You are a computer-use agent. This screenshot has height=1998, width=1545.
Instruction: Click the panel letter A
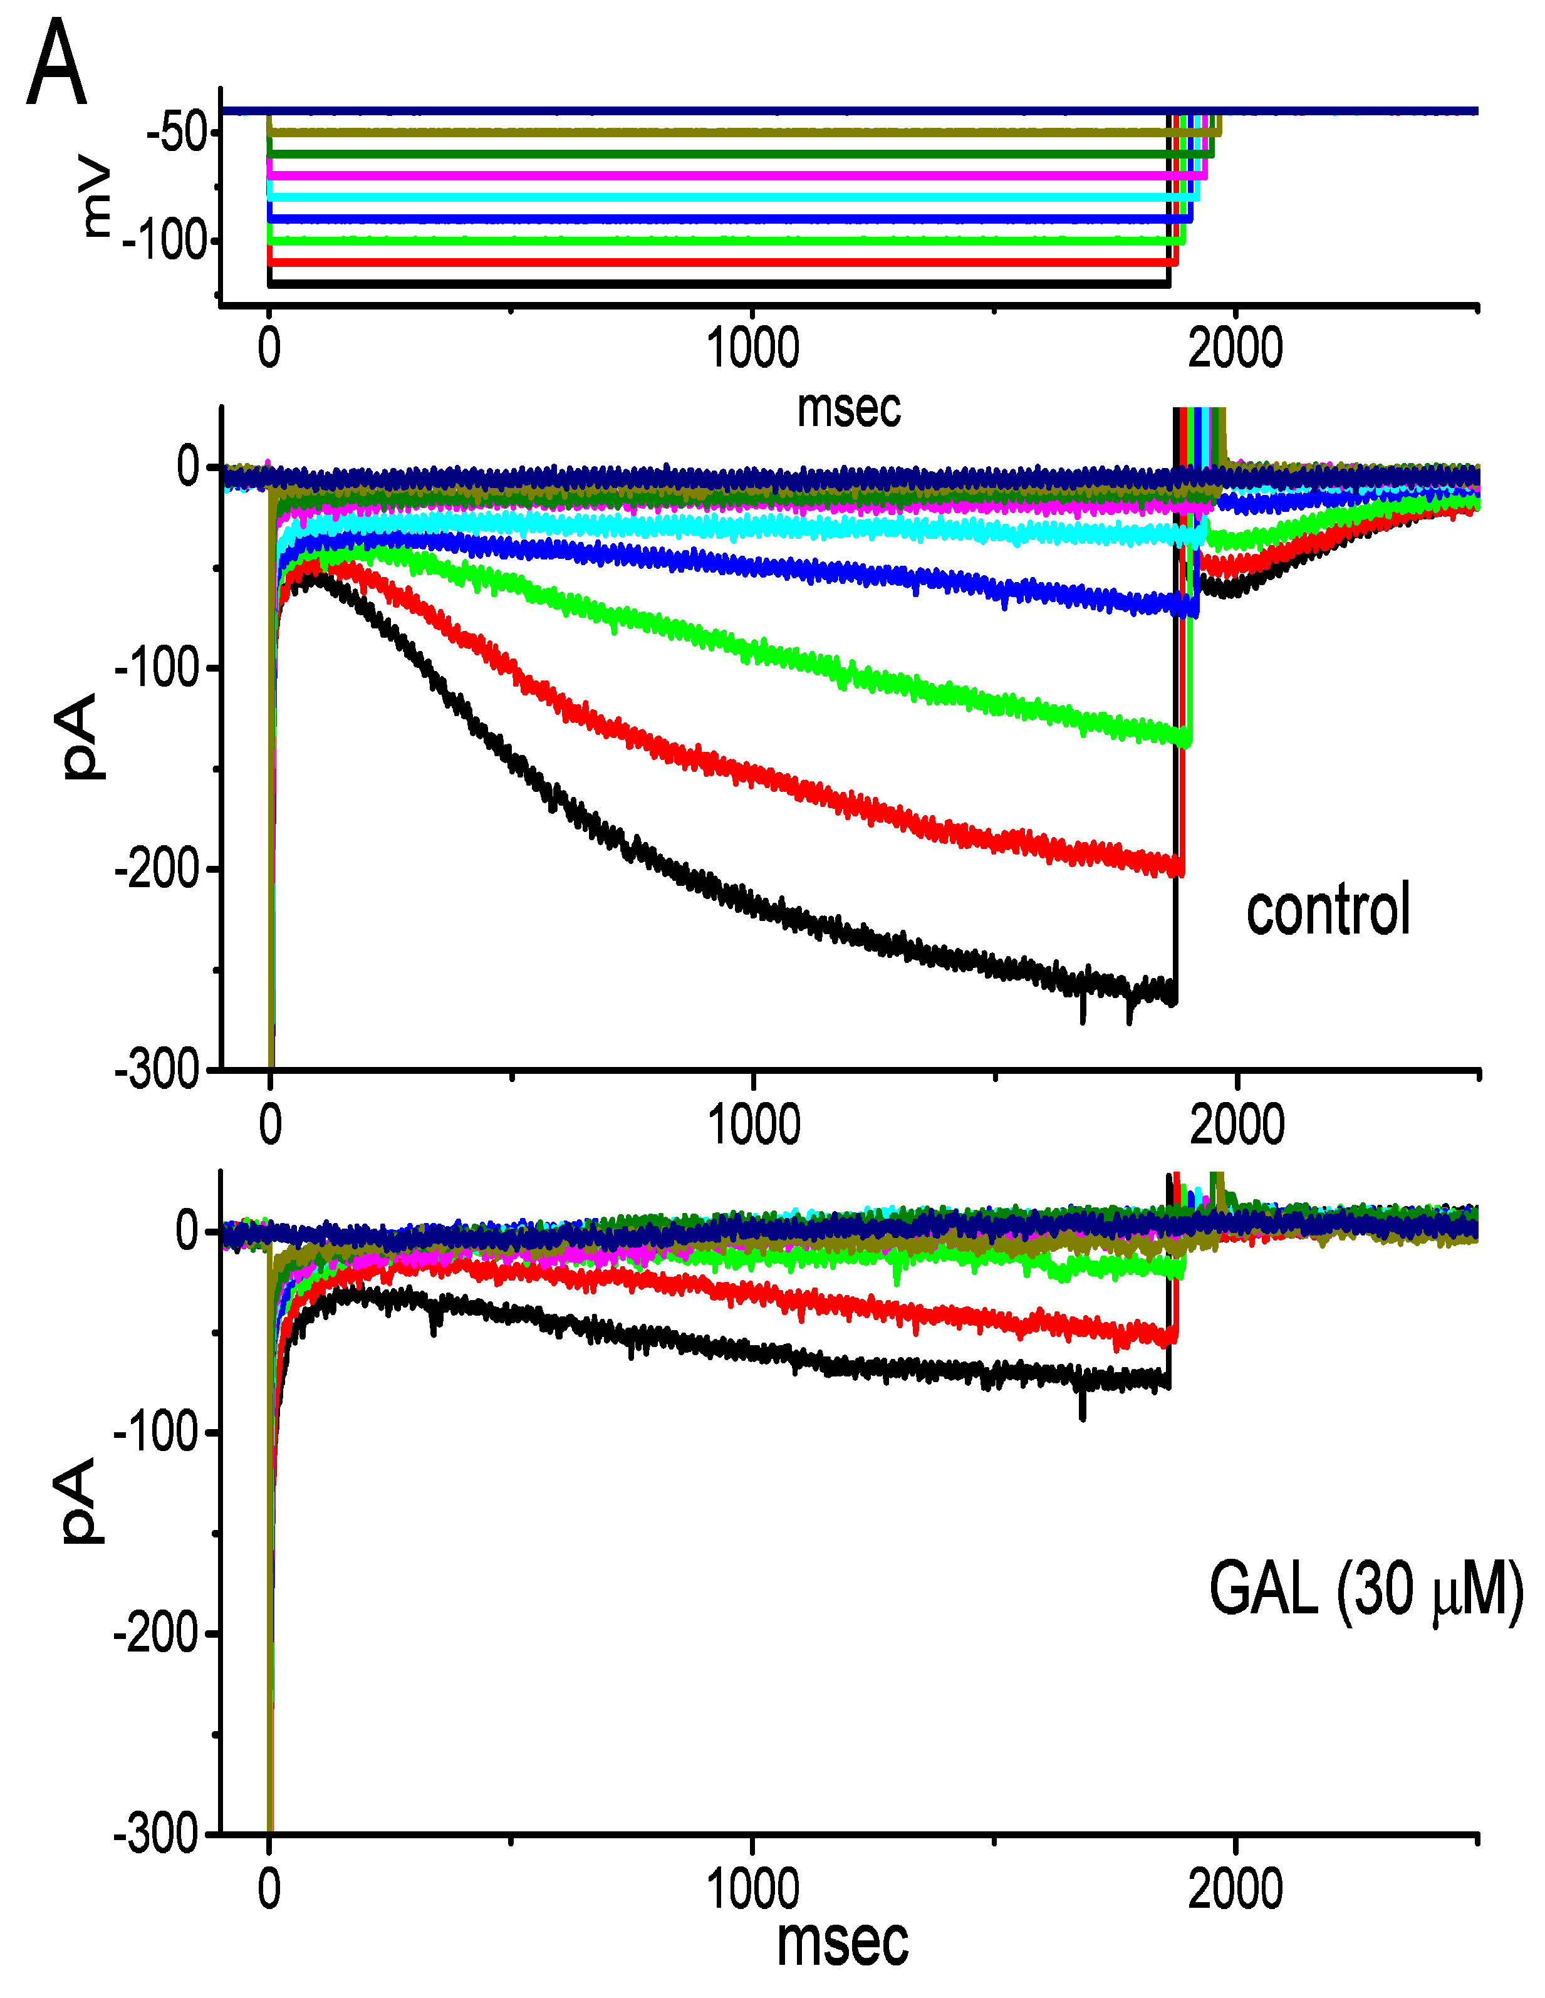[57, 64]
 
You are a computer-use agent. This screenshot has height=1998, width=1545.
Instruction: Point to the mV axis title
[95, 199]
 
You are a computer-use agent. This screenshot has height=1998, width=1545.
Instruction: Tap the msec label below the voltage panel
[848, 408]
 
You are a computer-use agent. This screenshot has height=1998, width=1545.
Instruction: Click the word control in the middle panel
[1328, 910]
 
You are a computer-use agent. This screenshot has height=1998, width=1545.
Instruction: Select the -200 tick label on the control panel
[157, 869]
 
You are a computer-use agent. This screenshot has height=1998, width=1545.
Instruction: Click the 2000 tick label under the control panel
[1237, 1125]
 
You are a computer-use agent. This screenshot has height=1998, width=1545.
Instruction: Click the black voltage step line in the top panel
[714, 284]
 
